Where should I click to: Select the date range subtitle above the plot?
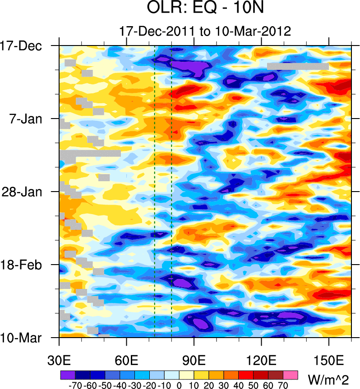[205, 31]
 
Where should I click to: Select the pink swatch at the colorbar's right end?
[291, 375]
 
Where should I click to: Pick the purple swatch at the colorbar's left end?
[68, 375]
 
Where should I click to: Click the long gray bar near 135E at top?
[298, 66]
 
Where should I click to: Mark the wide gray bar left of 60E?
[90, 153]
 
